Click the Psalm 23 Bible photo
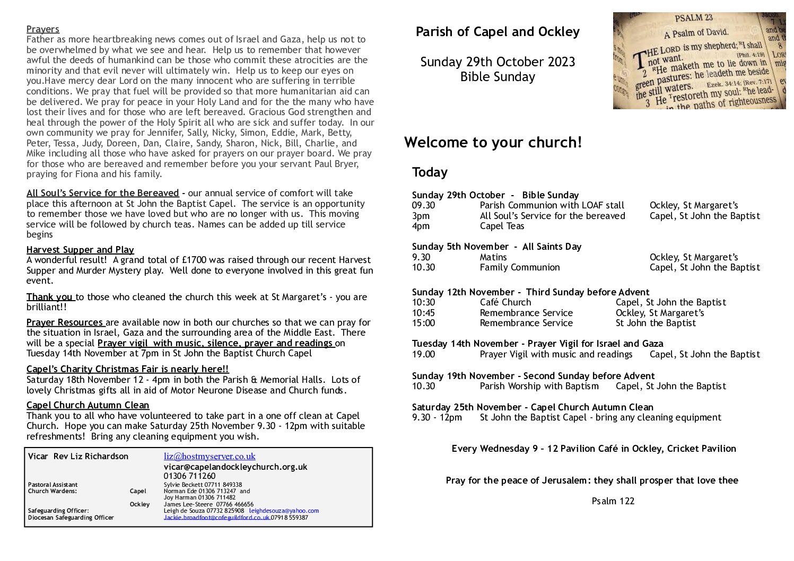coord(699,60)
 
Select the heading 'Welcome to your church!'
coord(493,142)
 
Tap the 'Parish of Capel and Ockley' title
coord(498,32)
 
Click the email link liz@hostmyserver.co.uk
coord(210,456)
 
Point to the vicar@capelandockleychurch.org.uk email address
coord(235,467)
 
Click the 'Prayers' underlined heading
coord(43,29)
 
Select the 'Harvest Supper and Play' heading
coord(80,250)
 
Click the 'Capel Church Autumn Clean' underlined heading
coord(88,405)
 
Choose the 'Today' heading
coord(430,172)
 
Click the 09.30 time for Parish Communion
coord(423,205)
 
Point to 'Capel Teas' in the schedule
coord(502,226)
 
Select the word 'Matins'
coord(493,257)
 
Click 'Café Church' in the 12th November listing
coord(505,302)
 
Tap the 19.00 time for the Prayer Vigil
coord(423,354)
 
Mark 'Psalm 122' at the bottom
coord(613,501)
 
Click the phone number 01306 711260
coord(189,476)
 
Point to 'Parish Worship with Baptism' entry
coord(539,386)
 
